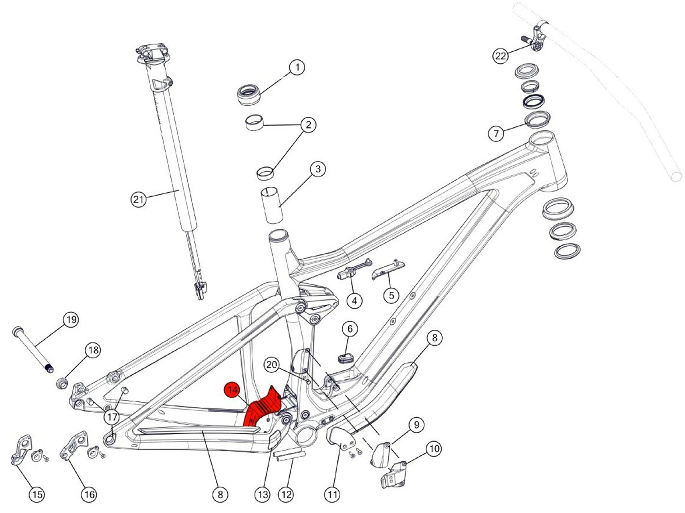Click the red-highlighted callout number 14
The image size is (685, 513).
point(232,389)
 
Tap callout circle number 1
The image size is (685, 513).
point(297,67)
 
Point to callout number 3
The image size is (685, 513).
point(318,169)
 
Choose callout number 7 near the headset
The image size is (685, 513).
point(496,133)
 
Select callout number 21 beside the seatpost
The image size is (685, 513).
point(138,199)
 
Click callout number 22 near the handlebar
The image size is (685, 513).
point(500,56)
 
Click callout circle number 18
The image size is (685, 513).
point(93,350)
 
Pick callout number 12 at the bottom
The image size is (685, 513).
point(286,495)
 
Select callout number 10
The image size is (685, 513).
point(434,448)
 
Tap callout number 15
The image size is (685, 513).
point(37,495)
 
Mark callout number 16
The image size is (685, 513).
point(89,495)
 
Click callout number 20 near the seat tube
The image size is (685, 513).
point(271,365)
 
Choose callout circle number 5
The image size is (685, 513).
point(391,295)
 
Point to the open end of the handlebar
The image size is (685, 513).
point(676,176)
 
